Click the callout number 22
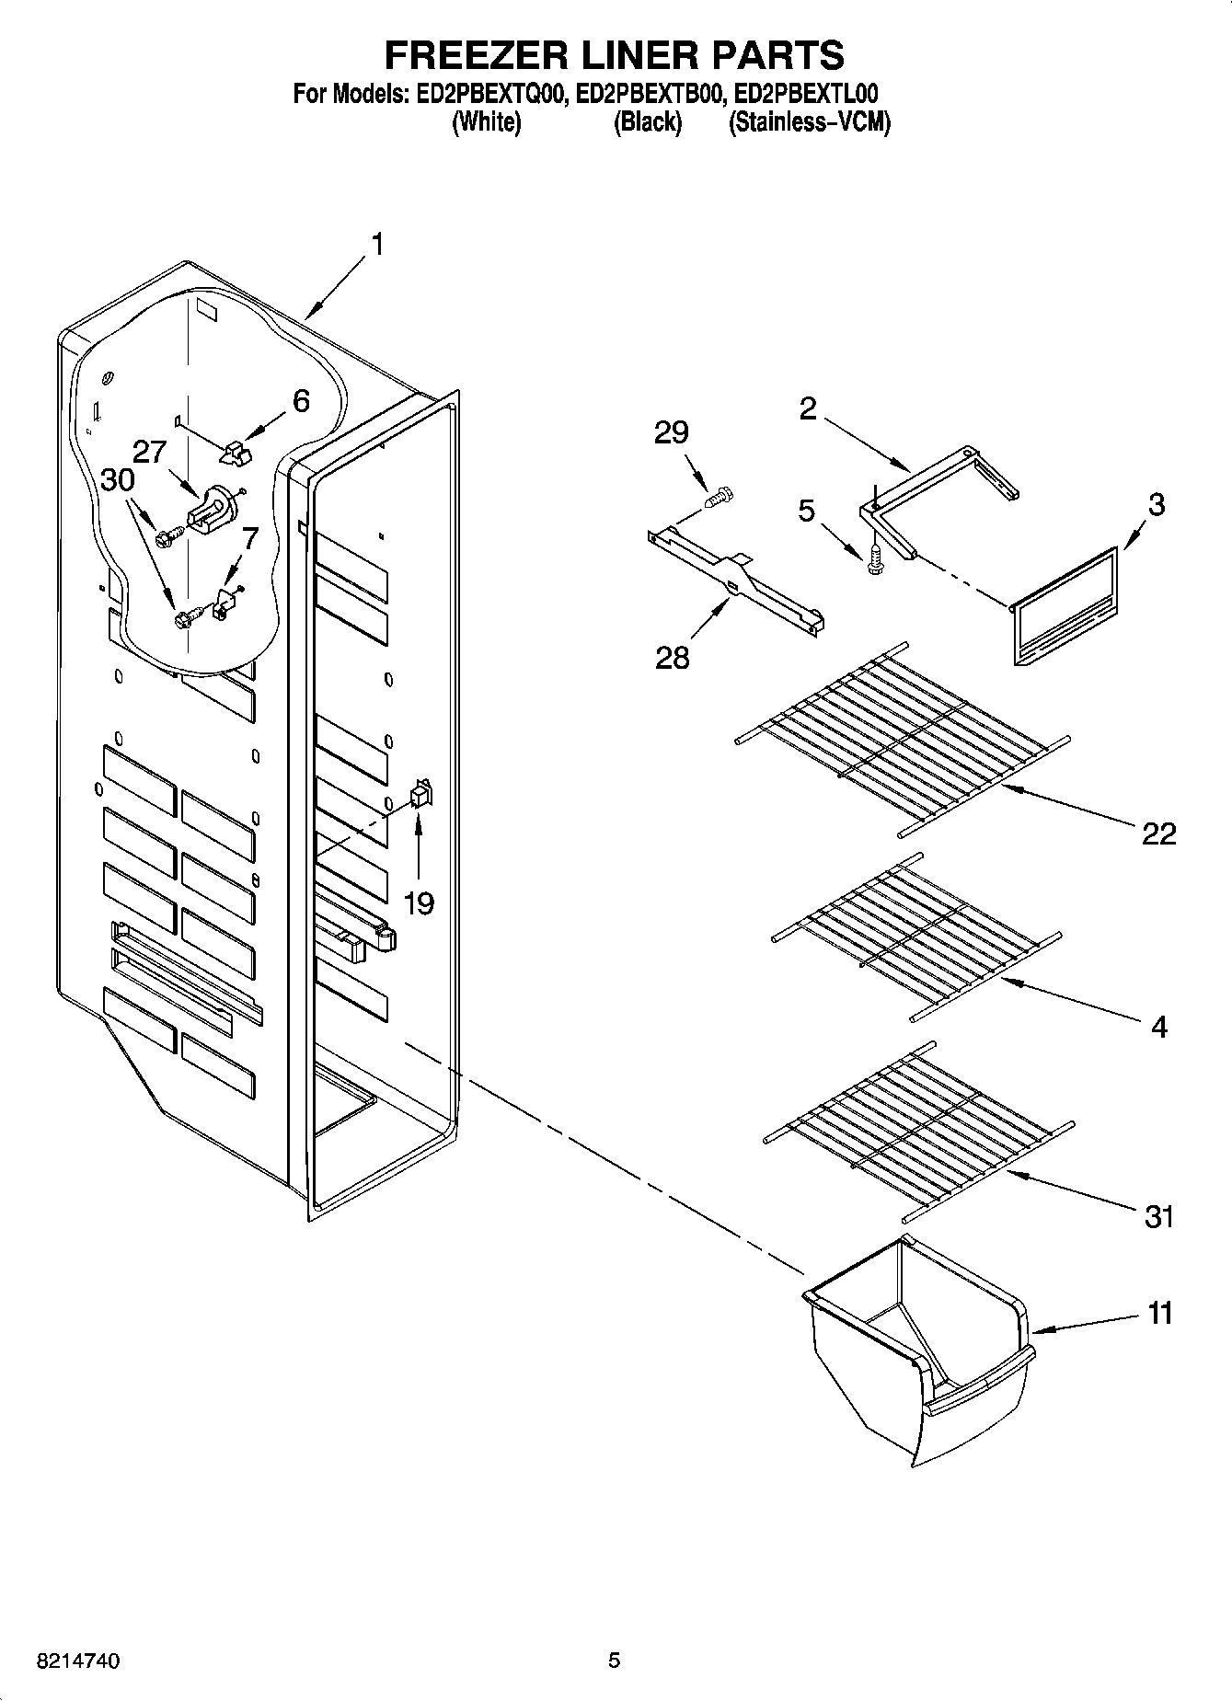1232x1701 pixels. pos(1158,833)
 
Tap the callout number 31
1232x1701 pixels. pos(1158,1216)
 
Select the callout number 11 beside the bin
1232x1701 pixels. pos(1160,1313)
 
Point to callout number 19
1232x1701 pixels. pos(419,903)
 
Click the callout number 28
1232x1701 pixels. pos(672,658)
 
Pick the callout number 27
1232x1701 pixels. pos(149,452)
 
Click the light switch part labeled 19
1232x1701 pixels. pos(420,794)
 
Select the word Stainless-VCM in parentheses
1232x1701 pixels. pos(810,121)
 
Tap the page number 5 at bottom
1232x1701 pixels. pos(614,1661)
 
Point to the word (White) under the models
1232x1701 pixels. pos(486,121)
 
